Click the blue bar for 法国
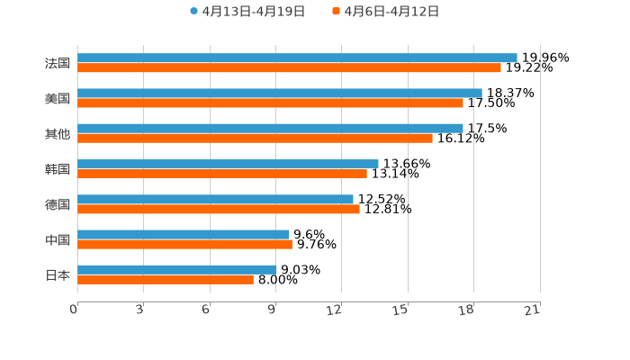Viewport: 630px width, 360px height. point(297,58)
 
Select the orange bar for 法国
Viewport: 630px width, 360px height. point(289,67)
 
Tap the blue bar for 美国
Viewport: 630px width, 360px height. point(280,93)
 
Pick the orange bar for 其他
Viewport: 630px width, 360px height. point(255,138)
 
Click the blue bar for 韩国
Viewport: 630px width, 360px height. point(228,164)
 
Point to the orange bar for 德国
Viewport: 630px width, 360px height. point(219,209)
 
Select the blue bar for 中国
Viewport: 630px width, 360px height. point(183,234)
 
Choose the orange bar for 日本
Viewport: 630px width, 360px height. point(166,279)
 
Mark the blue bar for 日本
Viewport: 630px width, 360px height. point(177,269)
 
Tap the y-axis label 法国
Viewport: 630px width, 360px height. point(58,63)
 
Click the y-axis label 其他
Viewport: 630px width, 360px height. point(58,133)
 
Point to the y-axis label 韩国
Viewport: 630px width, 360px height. point(58,169)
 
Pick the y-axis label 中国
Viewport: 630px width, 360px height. point(58,239)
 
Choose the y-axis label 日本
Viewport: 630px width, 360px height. point(58,274)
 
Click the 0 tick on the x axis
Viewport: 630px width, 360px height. point(75,310)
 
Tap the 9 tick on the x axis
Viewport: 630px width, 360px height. point(272,310)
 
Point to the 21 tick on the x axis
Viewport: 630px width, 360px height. point(533,310)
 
